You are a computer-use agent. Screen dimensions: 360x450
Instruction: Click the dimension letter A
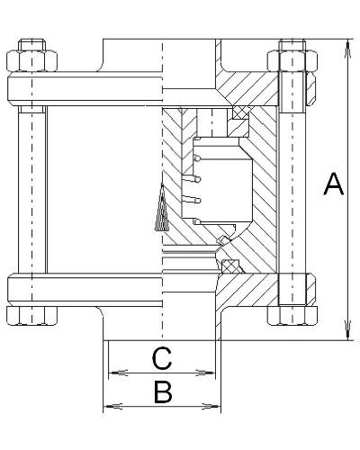point(334,184)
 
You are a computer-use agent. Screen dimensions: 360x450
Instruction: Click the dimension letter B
point(163,391)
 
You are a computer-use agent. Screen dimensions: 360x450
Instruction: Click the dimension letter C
point(162,358)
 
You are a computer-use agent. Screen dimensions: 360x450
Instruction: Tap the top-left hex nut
point(31,61)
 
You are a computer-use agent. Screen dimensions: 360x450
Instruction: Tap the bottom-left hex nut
point(31,316)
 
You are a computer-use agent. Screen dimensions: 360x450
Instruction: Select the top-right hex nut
point(292,61)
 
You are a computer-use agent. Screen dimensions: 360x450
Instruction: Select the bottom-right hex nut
point(292,316)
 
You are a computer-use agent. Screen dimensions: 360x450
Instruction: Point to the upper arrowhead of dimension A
point(348,48)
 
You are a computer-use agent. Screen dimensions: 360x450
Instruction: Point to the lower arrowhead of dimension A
point(348,330)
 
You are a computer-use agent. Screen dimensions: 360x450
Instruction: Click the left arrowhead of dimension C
point(118,373)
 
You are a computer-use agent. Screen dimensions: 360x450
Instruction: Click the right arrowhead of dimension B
point(211,407)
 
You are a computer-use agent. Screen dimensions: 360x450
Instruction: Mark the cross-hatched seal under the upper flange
point(241,112)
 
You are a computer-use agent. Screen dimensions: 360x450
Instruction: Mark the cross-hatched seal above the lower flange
point(231,266)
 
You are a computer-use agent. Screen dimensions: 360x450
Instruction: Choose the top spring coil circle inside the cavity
point(197,158)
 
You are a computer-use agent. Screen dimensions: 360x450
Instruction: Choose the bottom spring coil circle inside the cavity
point(197,221)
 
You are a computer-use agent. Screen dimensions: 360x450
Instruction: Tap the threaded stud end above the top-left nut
point(31,45)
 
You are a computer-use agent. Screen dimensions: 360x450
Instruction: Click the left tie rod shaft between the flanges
point(32,190)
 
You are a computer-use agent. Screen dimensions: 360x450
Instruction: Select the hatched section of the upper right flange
point(247,89)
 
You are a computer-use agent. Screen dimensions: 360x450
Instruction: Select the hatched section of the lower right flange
point(247,290)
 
